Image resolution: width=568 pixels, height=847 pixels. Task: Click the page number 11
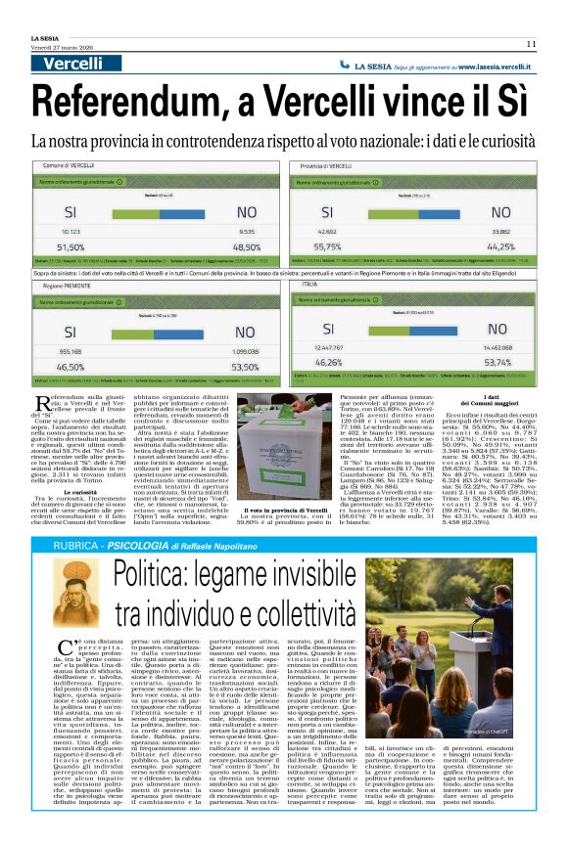pyautogui.click(x=530, y=43)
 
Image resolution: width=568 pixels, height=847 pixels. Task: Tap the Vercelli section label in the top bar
pyautogui.click(x=72, y=65)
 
